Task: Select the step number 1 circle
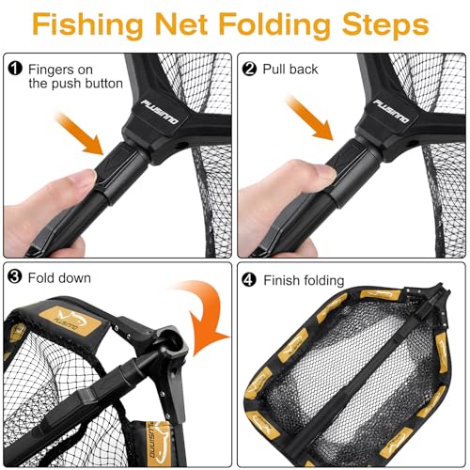(15, 67)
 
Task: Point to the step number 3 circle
(15, 279)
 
